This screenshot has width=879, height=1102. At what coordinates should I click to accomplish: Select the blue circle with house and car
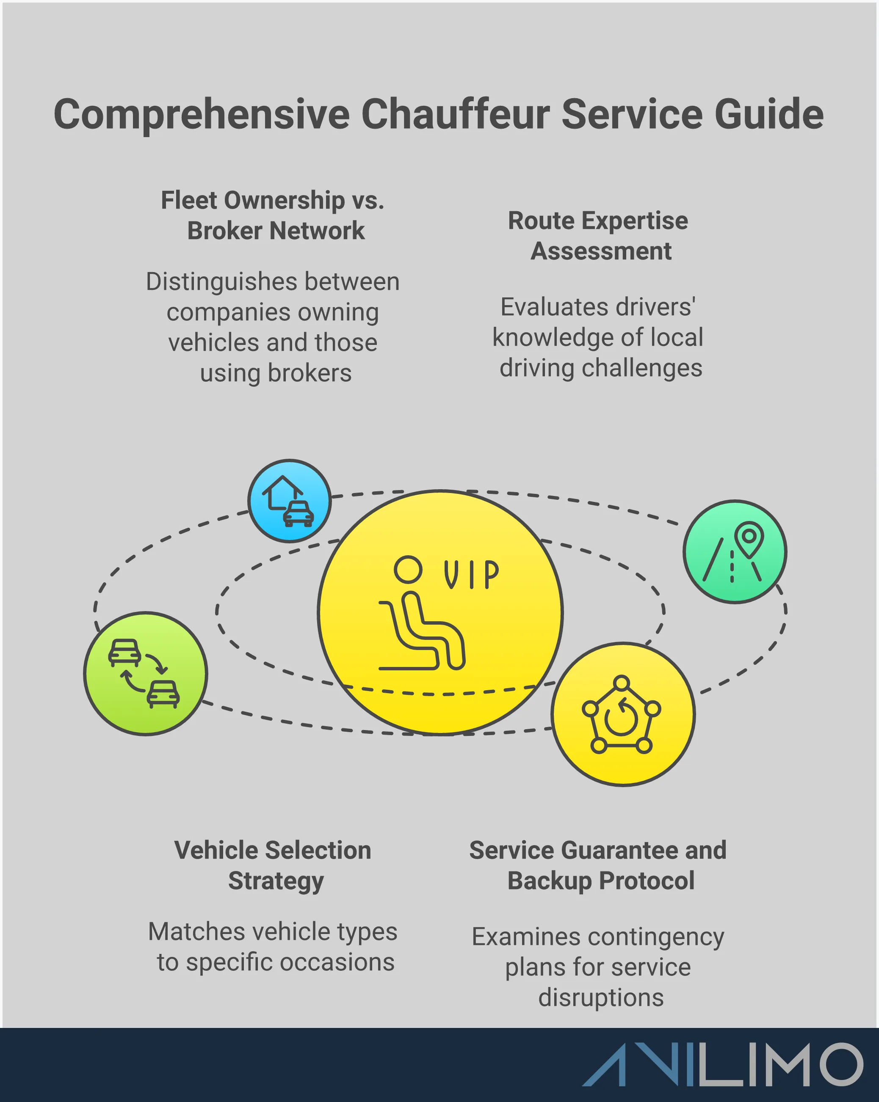(x=290, y=501)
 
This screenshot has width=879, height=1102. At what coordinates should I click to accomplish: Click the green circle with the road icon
(x=735, y=552)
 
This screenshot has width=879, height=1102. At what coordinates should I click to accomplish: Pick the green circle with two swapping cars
(x=146, y=674)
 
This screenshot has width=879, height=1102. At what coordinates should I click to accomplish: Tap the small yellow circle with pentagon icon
(x=623, y=714)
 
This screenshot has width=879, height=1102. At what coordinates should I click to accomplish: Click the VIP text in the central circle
(x=471, y=575)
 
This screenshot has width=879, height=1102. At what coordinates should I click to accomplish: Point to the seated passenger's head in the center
(x=408, y=569)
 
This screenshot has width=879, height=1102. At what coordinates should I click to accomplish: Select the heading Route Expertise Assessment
(x=598, y=236)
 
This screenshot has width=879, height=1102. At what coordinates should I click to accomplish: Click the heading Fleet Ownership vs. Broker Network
(x=273, y=215)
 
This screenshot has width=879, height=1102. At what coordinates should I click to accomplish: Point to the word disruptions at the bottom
(x=601, y=997)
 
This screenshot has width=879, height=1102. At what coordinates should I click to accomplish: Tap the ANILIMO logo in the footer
(x=722, y=1064)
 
